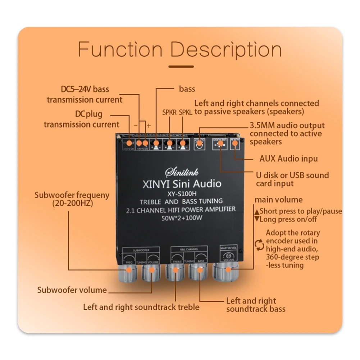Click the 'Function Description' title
coord(180,49)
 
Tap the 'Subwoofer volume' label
coord(72,290)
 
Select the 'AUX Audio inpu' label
coord(288,159)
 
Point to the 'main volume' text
coord(278,200)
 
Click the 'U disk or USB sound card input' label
coord(292,179)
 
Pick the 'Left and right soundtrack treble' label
coord(141,307)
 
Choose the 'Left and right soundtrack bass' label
coord(255,305)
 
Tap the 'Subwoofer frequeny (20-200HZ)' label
coord(72,199)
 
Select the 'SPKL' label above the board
coord(186,112)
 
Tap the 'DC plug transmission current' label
coord(82,119)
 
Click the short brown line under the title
coord(181,67)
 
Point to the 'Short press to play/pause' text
coord(300,211)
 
